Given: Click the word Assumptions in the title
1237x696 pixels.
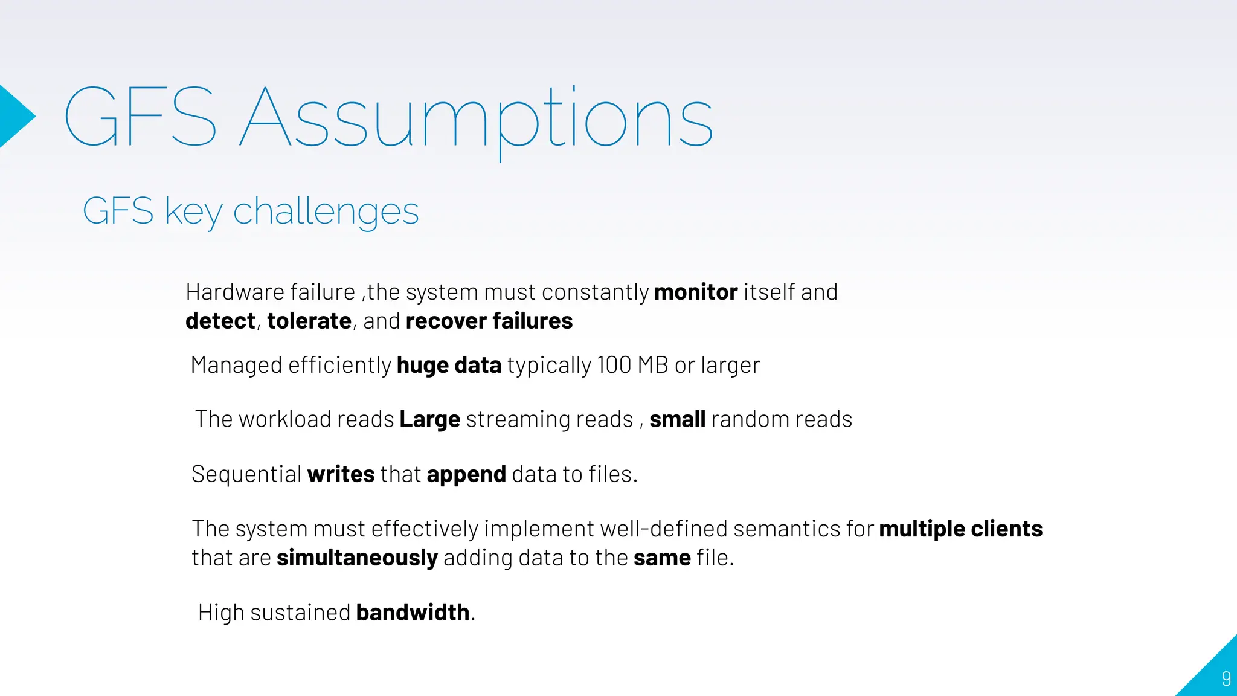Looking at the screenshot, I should tap(477, 118).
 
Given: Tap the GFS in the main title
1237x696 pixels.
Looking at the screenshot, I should tap(140, 117).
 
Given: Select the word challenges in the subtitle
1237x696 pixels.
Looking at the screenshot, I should tap(326, 211).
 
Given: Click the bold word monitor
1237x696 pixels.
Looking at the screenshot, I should tap(696, 292).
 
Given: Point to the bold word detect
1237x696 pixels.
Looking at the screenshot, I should tap(220, 321).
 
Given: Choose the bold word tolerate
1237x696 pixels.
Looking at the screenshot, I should tap(309, 321).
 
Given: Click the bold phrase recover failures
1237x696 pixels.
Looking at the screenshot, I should tap(489, 321).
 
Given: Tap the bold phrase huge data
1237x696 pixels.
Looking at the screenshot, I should tap(449, 366).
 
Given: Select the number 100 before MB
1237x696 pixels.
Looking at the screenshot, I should tap(614, 366).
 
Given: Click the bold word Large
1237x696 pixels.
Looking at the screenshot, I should tap(429, 420).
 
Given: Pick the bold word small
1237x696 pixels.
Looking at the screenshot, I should tap(677, 420).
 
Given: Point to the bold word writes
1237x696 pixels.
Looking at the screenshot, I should tap(341, 475).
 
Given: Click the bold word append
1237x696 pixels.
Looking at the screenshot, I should tap(466, 475).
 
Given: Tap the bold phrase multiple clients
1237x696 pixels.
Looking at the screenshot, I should tap(960, 529).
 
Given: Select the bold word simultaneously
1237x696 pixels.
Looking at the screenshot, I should tap(357, 558).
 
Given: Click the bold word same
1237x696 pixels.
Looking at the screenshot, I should tap(662, 558).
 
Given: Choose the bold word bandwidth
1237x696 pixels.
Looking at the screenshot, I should tap(413, 613).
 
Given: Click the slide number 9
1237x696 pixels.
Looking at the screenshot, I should tap(1226, 678).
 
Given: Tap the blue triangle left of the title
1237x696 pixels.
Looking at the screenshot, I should tap(14, 117).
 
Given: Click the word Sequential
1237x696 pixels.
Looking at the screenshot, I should tap(246, 475).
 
